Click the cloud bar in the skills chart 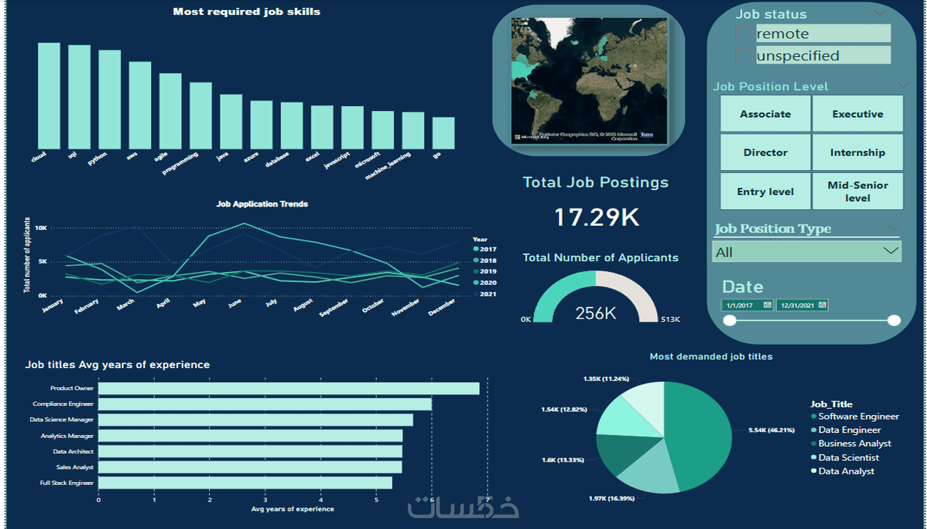tap(49, 95)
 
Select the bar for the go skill tap(443, 133)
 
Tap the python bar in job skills tap(110, 99)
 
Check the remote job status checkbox tap(743, 33)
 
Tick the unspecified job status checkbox tap(743, 55)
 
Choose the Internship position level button tap(857, 152)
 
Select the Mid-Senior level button tap(857, 191)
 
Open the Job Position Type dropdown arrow tap(890, 251)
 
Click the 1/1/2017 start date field tap(748, 305)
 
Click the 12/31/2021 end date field tap(802, 305)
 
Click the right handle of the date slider tap(894, 320)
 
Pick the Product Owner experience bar tap(288, 388)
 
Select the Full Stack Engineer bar tap(245, 483)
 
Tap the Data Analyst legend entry tap(846, 471)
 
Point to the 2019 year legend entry tap(487, 271)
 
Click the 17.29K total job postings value tap(597, 218)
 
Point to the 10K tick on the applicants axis tap(41, 228)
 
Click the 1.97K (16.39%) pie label tap(611, 498)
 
